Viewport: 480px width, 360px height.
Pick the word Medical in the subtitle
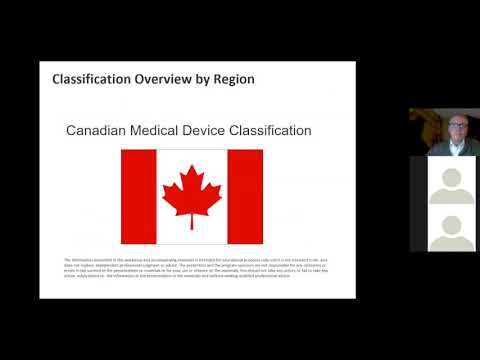pyautogui.click(x=163, y=131)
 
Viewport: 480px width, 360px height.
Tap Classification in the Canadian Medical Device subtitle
pyautogui.click(x=275, y=131)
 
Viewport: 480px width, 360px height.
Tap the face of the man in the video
pyautogui.click(x=444, y=131)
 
